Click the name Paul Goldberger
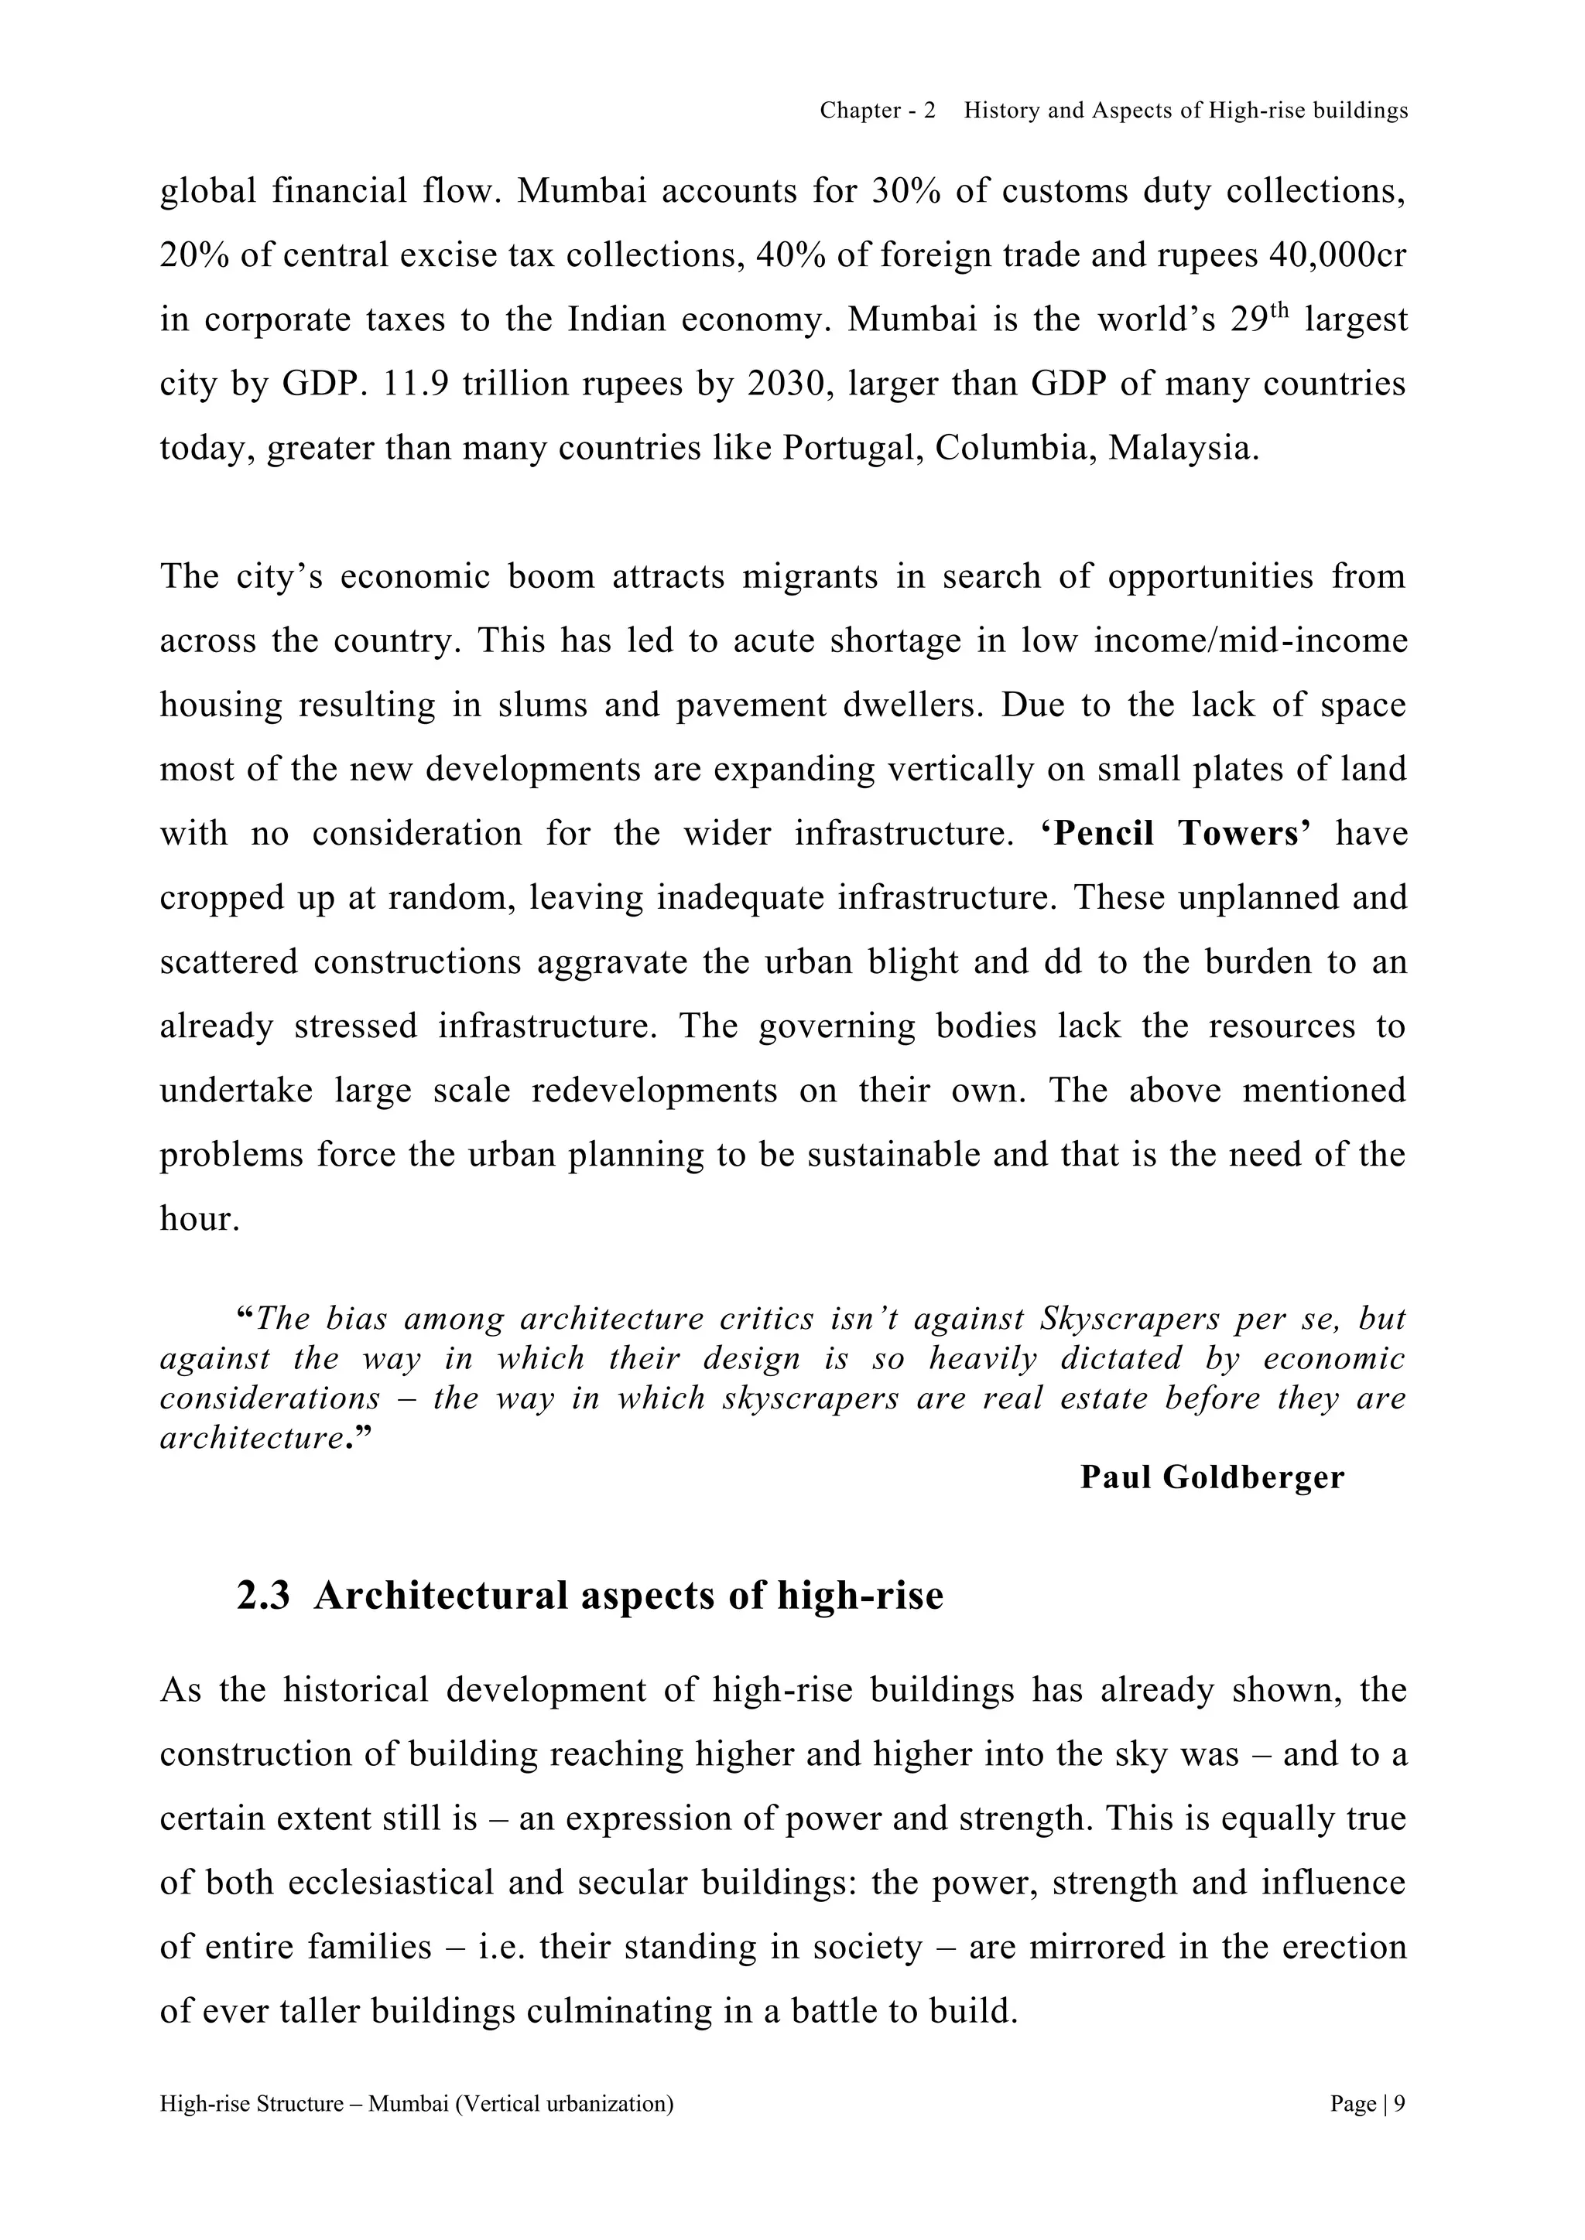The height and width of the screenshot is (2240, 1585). coord(1211,1477)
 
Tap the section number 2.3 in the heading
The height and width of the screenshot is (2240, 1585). coord(263,1596)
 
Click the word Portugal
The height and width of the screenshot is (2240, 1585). coord(849,448)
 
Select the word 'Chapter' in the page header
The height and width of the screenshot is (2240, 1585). coord(860,111)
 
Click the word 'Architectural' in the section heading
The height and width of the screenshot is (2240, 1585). coord(440,1596)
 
